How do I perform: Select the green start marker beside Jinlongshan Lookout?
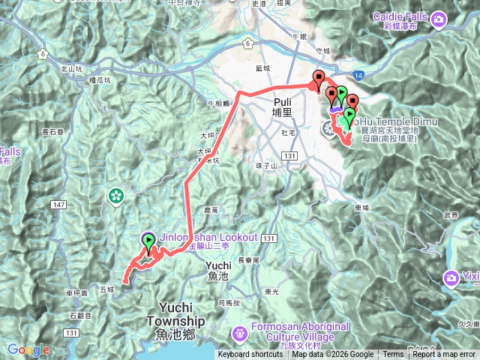click(148, 241)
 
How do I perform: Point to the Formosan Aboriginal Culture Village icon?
click(241, 331)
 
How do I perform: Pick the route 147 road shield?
click(60, 204)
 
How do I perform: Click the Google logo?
click(28, 349)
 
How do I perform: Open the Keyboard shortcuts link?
click(250, 355)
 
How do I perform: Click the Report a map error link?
click(444, 355)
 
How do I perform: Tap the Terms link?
click(393, 355)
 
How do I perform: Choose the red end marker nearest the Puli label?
click(319, 79)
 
